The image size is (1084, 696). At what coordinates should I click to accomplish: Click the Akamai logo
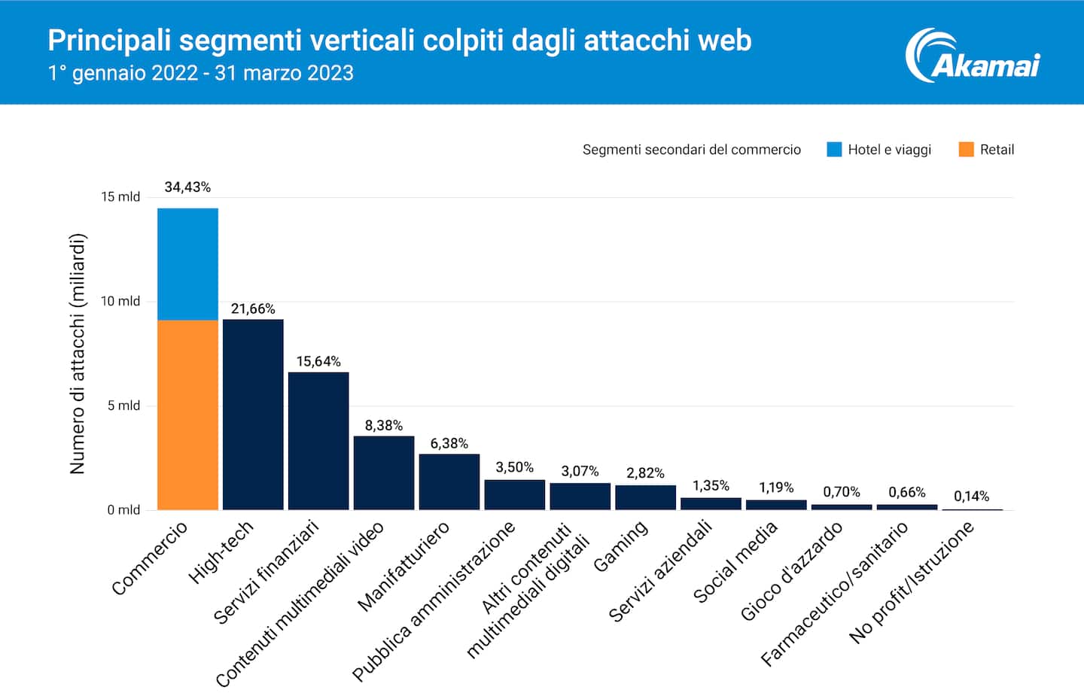click(x=973, y=56)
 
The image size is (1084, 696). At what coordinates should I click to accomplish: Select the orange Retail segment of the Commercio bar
click(x=187, y=415)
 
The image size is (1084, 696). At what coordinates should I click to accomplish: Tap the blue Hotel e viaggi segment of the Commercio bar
click(x=187, y=264)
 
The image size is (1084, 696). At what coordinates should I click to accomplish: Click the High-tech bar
click(x=253, y=415)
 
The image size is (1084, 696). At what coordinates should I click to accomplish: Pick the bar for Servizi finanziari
click(x=318, y=441)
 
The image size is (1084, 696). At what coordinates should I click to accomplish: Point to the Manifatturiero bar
click(x=449, y=482)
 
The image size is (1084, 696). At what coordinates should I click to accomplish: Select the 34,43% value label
click(x=187, y=187)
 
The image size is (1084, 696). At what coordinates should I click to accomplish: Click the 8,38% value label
click(x=384, y=425)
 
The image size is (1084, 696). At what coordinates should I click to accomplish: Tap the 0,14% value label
click(x=971, y=496)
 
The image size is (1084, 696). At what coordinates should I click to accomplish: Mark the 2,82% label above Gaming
click(x=645, y=473)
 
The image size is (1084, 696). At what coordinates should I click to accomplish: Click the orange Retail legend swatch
click(x=966, y=149)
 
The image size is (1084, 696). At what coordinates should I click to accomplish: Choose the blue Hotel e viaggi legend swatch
click(x=834, y=149)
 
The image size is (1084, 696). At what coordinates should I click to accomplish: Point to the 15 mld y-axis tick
click(x=120, y=196)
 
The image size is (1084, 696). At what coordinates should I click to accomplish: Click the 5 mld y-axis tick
click(x=123, y=406)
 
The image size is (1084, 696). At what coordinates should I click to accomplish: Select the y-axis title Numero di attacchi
click(x=78, y=354)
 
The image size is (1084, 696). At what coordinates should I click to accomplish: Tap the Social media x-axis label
click(x=735, y=562)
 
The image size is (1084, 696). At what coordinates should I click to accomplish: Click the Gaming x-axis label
click(x=620, y=546)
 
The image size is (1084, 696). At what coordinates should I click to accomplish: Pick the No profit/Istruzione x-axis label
click(x=912, y=582)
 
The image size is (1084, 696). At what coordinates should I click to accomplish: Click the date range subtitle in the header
click(x=201, y=73)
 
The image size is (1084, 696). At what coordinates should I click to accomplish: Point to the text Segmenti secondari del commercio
click(x=691, y=150)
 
